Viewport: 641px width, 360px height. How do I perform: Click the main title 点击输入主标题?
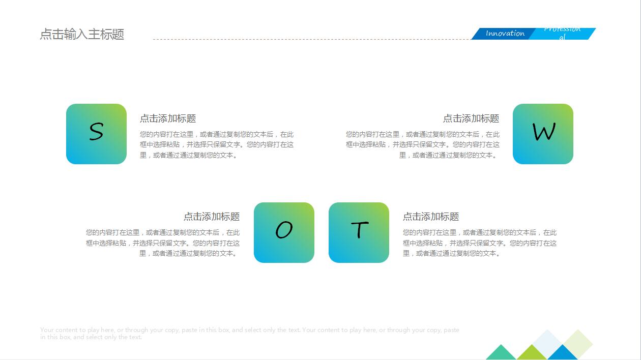point(82,35)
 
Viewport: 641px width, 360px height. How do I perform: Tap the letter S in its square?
point(96,132)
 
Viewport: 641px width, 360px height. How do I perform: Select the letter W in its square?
point(543,133)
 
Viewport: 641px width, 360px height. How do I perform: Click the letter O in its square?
point(284,231)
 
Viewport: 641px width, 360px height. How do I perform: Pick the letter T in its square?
point(359,230)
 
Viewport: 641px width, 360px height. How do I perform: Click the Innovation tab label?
point(504,34)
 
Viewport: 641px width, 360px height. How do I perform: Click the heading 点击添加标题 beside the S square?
point(168,118)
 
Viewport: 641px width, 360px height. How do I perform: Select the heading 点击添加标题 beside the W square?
point(471,118)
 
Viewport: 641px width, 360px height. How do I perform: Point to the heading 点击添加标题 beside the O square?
point(212,217)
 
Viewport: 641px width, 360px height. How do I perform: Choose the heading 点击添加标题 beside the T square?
point(431,217)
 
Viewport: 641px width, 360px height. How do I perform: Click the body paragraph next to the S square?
point(217,145)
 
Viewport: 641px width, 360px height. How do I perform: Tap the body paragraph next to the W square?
point(423,145)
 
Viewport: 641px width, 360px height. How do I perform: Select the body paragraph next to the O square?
point(163,243)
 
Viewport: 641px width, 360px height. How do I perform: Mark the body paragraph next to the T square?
point(480,243)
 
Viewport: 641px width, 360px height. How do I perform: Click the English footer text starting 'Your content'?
point(249,333)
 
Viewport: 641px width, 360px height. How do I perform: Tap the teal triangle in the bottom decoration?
point(501,353)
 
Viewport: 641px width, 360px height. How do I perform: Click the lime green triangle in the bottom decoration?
point(532,353)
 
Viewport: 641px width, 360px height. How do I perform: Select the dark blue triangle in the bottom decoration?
point(563,353)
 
